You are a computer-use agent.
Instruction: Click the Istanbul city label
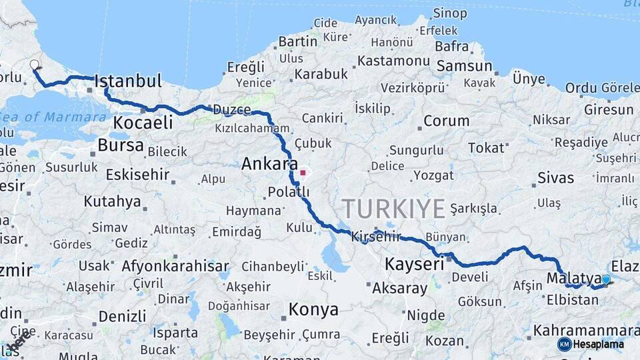click(128, 82)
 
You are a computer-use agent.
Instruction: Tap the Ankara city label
click(269, 164)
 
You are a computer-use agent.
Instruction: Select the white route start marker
click(35, 65)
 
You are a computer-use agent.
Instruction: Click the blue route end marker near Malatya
click(605, 280)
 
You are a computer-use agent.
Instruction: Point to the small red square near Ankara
click(303, 173)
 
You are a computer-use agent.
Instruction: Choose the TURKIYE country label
click(393, 209)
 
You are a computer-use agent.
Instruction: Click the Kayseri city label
click(414, 265)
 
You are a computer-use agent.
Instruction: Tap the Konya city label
click(313, 310)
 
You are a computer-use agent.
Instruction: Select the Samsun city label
click(464, 67)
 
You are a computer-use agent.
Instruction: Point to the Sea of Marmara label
click(53, 117)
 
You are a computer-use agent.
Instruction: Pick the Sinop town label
click(450, 13)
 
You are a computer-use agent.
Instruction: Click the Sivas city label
click(555, 178)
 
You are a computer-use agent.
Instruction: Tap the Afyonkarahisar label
click(175, 266)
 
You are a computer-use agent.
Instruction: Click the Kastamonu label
click(393, 61)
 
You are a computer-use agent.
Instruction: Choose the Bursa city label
click(120, 145)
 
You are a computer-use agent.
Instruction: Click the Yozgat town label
click(433, 175)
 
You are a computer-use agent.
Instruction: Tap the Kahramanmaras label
click(587, 331)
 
